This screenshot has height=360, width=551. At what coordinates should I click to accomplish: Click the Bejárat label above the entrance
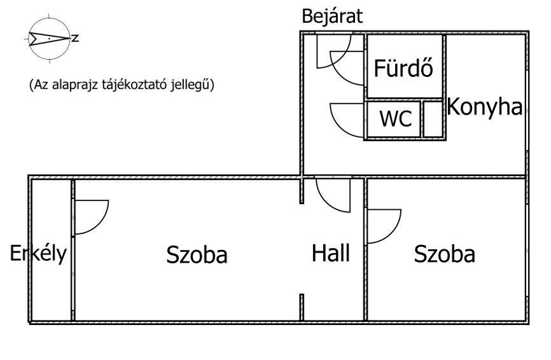click(x=332, y=17)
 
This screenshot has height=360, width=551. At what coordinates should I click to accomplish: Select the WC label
click(x=396, y=118)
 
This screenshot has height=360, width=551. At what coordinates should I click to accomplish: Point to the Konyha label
click(x=485, y=107)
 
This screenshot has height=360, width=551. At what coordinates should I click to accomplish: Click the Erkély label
click(x=38, y=253)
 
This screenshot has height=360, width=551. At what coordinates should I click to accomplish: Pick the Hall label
click(x=331, y=253)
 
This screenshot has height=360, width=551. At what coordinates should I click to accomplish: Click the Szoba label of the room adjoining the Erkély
click(x=197, y=254)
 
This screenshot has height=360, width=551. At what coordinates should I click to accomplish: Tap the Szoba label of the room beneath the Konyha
click(x=445, y=254)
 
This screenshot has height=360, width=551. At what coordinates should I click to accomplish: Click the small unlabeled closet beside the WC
click(x=433, y=119)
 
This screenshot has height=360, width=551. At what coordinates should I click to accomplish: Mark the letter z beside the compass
click(x=75, y=38)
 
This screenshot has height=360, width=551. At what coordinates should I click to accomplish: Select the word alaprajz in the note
click(x=75, y=85)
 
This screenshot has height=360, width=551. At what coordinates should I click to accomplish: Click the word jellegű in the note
click(x=190, y=85)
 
